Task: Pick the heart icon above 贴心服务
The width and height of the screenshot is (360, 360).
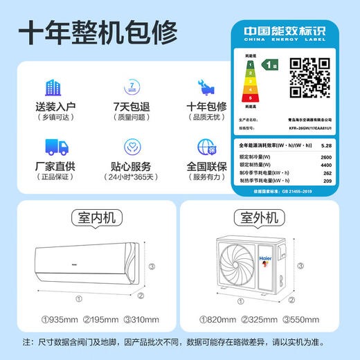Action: click(x=132, y=147)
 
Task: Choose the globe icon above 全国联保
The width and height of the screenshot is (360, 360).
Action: click(x=206, y=147)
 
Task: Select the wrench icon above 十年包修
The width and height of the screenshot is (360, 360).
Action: click(x=206, y=87)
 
